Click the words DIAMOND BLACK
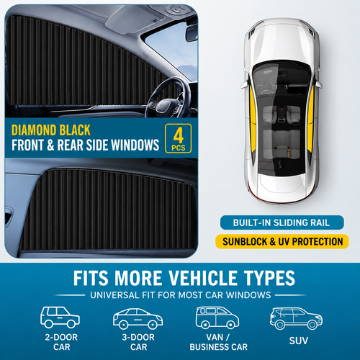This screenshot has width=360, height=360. point(51,130)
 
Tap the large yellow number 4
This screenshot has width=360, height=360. point(179,135)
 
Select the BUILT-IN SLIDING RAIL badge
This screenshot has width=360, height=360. point(282,222)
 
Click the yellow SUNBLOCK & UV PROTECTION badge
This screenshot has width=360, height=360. point(282,241)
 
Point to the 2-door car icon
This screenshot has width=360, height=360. point(60,317)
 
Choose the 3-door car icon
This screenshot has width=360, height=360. point(138,319)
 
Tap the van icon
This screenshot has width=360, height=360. point(217,318)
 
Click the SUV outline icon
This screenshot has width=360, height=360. point(296,318)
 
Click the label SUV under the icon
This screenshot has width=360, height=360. point(299,341)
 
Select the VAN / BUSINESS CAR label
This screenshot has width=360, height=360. point(218,342)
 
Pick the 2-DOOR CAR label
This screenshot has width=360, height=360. point(61,342)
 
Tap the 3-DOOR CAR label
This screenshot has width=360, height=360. point(138,342)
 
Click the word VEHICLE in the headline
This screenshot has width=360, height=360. point(202,278)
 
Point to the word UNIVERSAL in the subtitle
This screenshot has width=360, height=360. point(114,295)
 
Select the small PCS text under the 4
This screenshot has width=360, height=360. point(179,148)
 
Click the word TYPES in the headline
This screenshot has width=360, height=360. point(269,278)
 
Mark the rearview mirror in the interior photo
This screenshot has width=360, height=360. point(192,32)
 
